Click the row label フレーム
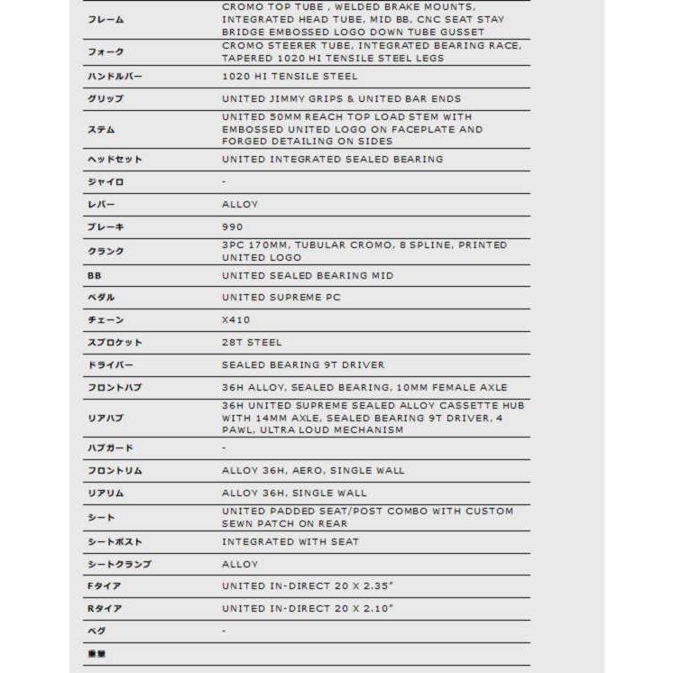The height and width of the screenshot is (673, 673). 106,19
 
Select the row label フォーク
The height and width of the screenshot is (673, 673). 106,52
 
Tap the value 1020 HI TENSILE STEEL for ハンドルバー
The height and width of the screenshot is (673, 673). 290,77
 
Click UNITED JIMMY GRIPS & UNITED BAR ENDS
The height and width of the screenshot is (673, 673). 341,98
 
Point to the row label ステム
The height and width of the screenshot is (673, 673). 101,129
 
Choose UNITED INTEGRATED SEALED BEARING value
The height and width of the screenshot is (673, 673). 332,159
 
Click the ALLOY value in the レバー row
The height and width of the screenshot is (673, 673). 240,204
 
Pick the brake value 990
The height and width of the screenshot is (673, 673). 233,226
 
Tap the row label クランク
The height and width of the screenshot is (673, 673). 106,251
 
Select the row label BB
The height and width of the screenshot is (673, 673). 94,275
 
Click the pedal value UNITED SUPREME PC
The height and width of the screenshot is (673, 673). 281,297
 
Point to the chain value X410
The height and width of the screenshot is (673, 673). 236,319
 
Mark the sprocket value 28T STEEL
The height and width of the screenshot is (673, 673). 252,342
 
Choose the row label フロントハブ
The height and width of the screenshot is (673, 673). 115,387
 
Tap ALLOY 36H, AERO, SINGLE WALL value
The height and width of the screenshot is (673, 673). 312,470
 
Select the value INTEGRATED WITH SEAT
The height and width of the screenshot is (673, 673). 290,541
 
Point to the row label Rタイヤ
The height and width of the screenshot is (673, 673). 105,608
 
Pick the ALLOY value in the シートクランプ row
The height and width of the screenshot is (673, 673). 240,564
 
